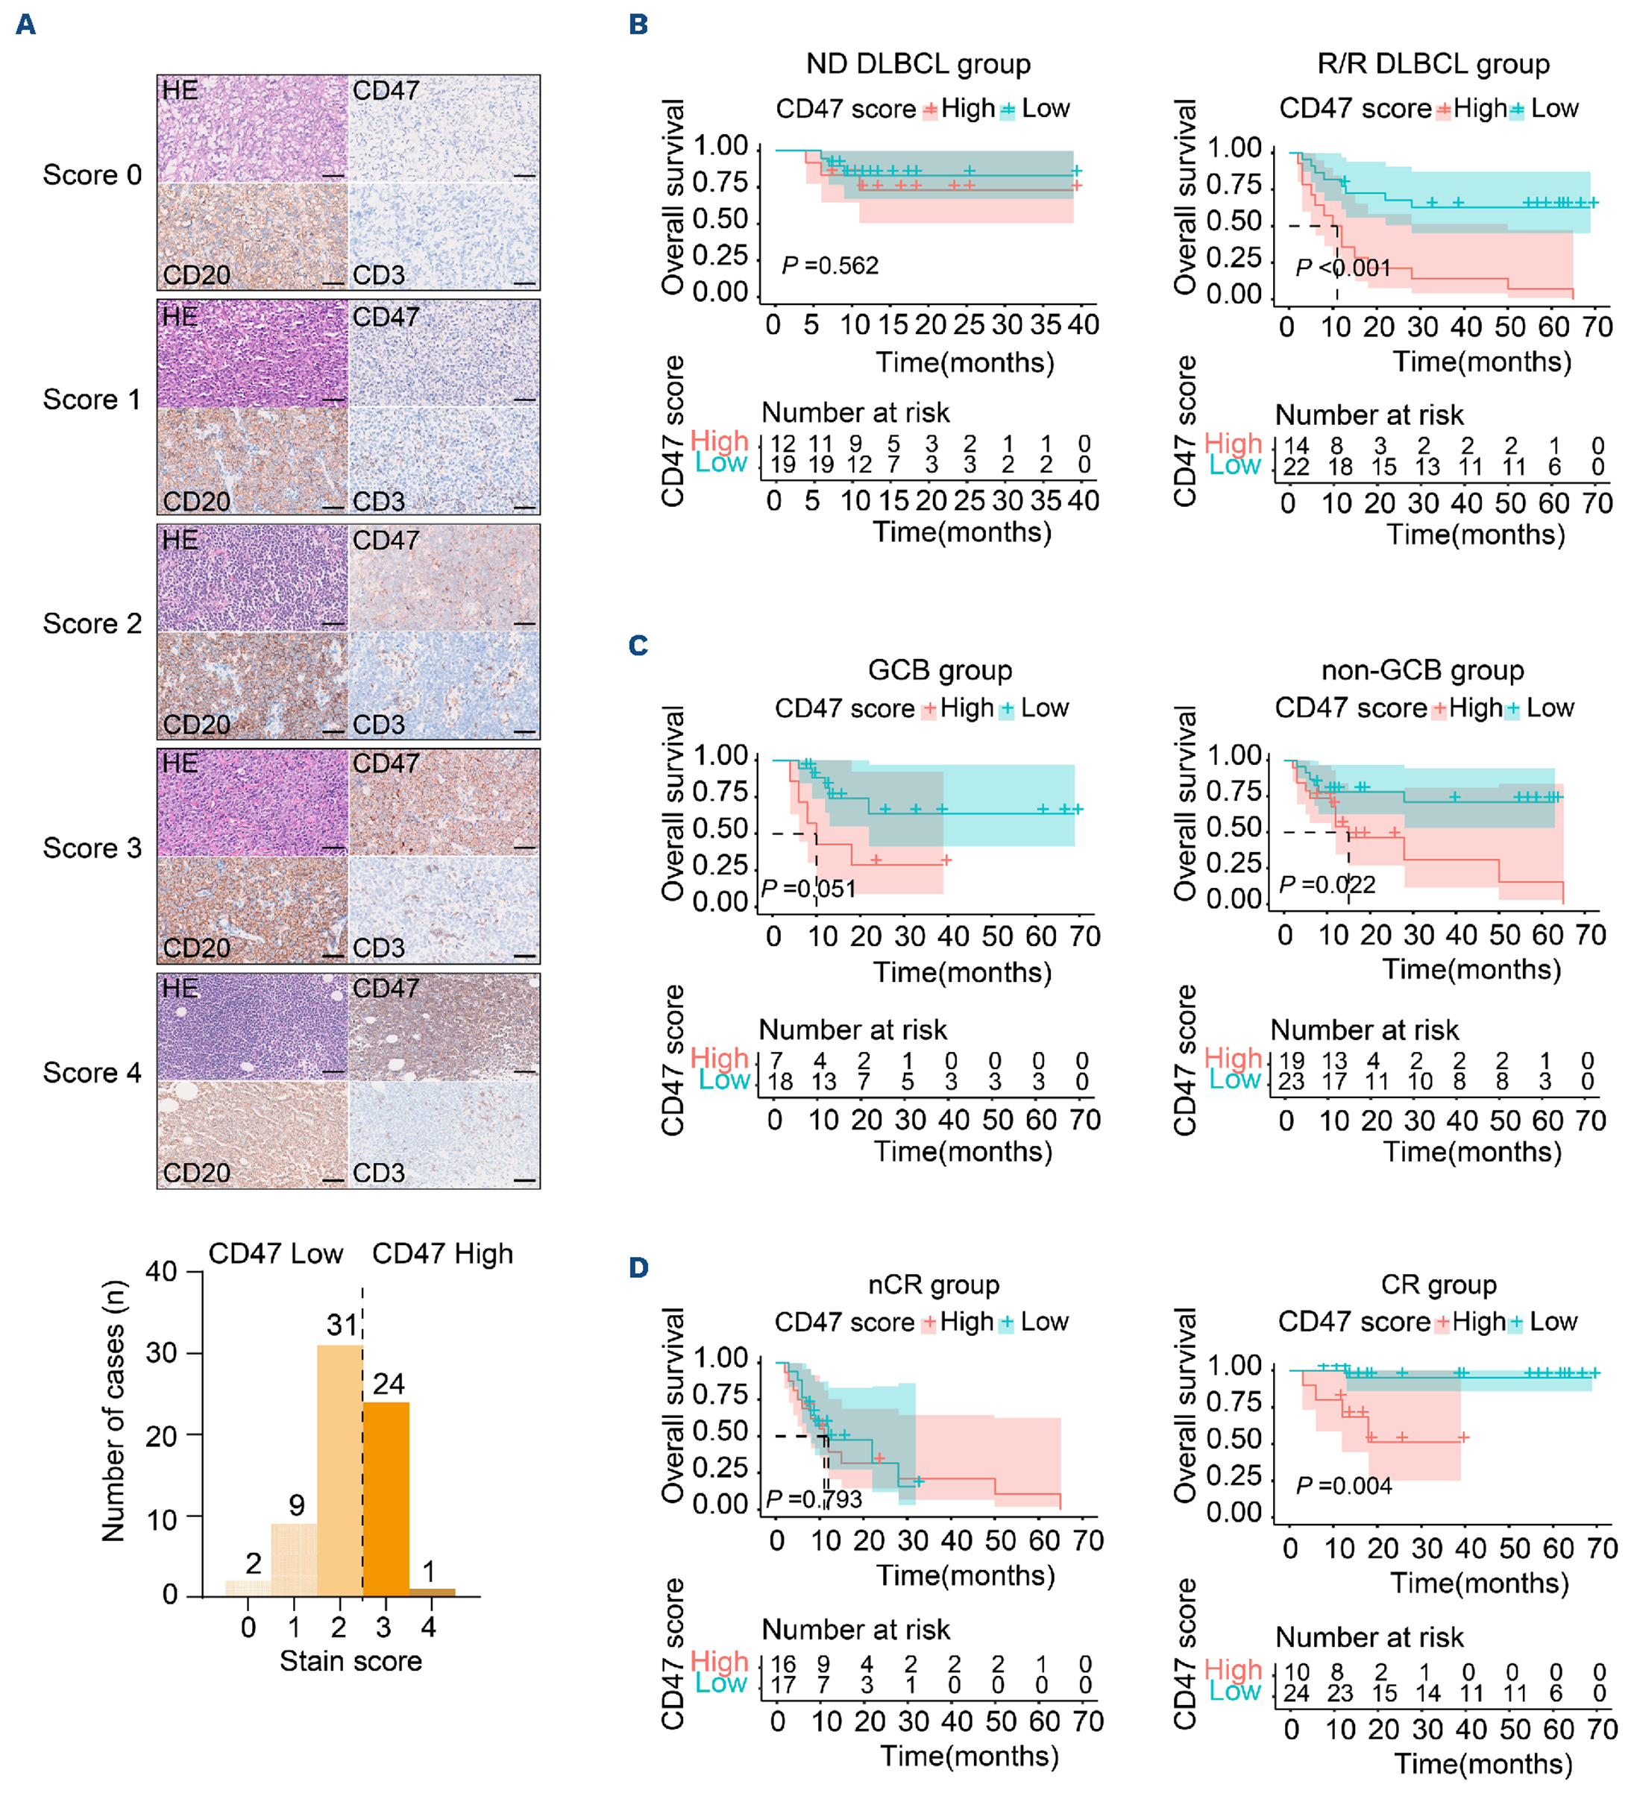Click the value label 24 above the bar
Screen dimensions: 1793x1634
[389, 1383]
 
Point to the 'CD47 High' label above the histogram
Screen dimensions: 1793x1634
[442, 1253]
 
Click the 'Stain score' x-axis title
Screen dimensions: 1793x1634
[351, 1660]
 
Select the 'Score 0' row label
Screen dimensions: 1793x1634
[92, 175]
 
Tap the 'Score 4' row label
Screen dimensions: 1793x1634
[92, 1073]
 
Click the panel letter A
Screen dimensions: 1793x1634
[26, 24]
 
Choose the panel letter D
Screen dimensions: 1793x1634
[638, 1267]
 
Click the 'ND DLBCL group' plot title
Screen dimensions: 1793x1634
[918, 64]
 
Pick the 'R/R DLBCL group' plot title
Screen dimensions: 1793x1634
[1433, 64]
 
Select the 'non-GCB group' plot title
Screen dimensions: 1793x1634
[1422, 669]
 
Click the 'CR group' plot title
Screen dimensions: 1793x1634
[1439, 1285]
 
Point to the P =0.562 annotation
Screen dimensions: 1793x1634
[830, 266]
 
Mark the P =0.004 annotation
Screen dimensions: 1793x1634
[1343, 1485]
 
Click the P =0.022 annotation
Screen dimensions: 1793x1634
[1326, 885]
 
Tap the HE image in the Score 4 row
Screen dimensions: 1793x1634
[253, 1027]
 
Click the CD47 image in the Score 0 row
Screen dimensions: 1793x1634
[444, 129]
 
